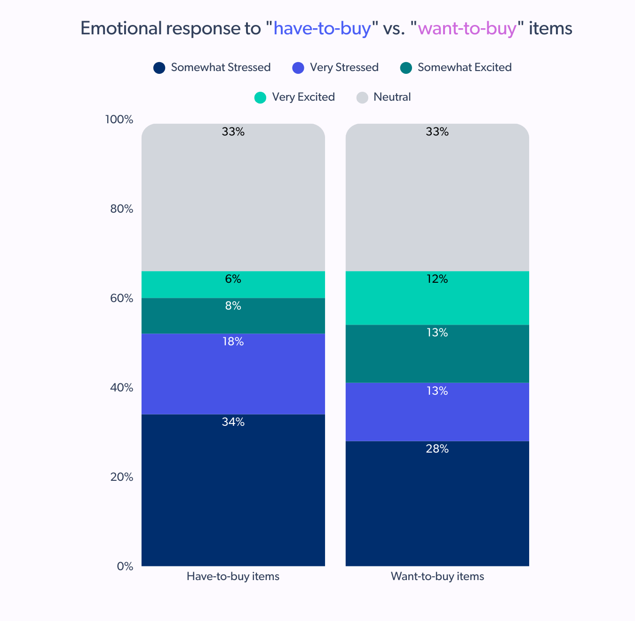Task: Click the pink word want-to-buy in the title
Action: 467,29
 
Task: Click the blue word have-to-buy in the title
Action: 322,29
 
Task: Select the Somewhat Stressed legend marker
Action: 159,68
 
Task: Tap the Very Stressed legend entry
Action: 335,68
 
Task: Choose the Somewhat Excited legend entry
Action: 456,68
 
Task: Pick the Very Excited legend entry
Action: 295,97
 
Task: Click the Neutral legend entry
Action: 384,97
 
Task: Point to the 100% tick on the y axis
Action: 119,119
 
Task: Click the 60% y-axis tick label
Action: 122,298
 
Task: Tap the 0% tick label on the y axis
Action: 125,566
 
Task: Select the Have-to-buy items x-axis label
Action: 233,576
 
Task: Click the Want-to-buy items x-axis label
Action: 437,576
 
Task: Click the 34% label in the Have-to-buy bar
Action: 233,422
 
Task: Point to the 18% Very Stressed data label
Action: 233,342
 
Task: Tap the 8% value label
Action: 233,306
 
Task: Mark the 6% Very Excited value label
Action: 233,279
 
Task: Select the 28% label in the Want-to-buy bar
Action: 437,449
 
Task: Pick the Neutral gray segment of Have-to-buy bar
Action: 233,202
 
